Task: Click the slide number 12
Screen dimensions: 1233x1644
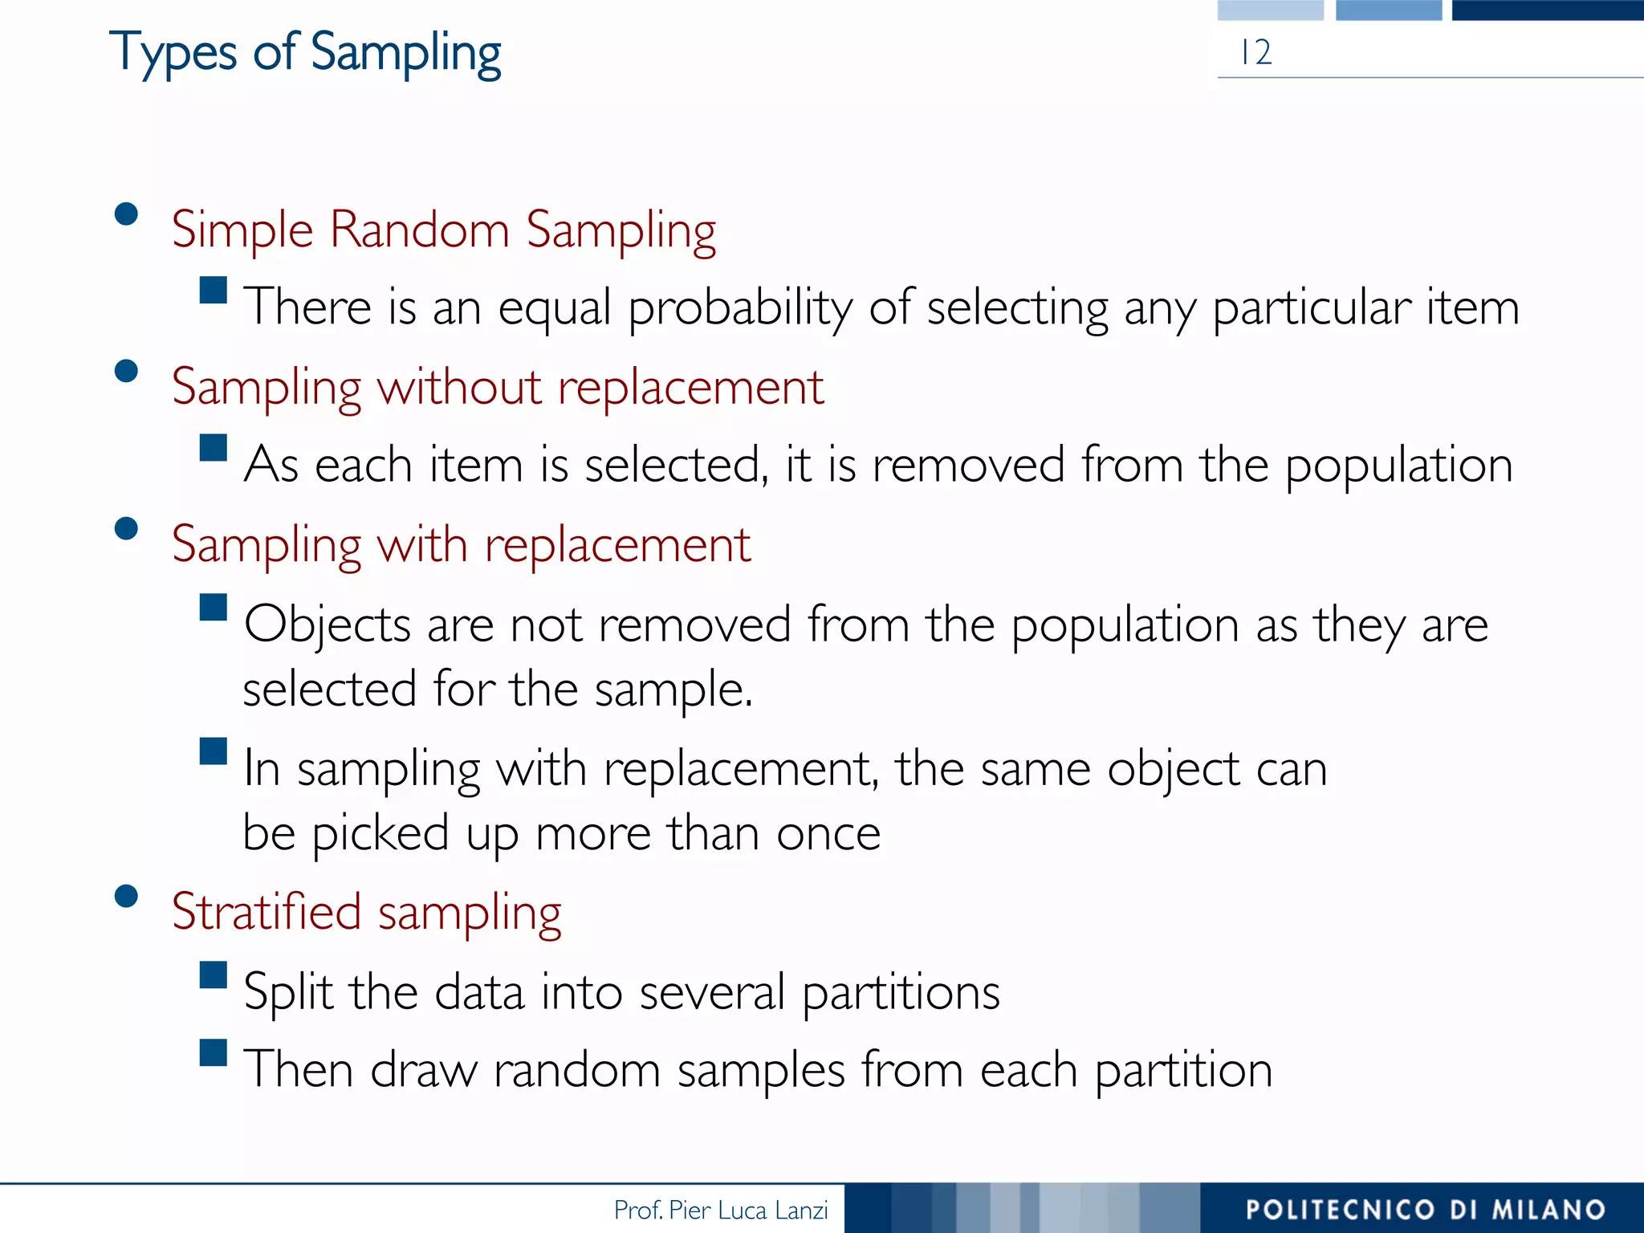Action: (1255, 53)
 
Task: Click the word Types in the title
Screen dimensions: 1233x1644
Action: (173, 53)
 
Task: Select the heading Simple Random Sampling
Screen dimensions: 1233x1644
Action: (443, 230)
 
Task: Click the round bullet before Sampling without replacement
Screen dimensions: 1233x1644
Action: (126, 372)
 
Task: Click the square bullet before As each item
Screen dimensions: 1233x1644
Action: (214, 448)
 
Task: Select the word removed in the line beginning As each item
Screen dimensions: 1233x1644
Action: (968, 466)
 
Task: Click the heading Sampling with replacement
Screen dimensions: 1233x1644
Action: (461, 545)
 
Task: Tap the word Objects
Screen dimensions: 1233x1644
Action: (328, 625)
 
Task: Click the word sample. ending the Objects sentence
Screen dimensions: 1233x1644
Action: (673, 690)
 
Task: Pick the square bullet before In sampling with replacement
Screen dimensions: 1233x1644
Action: (214, 751)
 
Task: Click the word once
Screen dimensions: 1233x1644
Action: (828, 833)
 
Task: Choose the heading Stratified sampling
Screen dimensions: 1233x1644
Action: (366, 913)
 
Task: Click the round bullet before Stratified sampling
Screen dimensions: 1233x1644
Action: (126, 896)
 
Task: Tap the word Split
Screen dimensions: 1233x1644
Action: (288, 992)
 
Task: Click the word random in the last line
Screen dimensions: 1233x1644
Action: (576, 1071)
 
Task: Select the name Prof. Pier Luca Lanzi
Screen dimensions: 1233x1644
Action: (720, 1210)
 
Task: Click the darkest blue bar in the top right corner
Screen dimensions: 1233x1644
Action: (1547, 10)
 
